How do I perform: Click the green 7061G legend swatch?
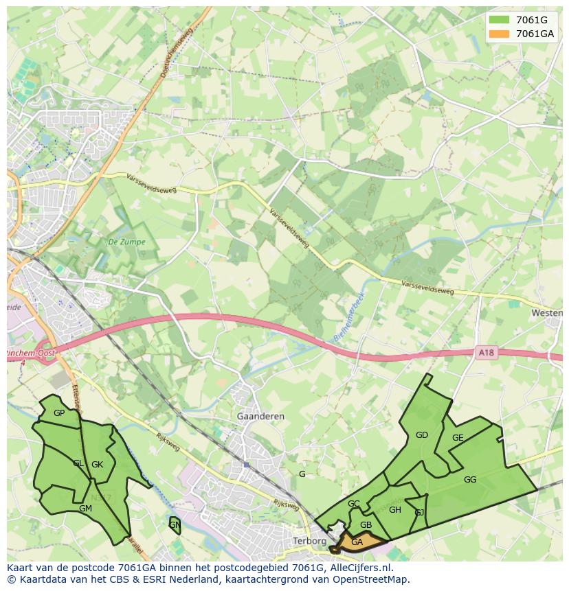500,19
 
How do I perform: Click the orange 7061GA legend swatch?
500,34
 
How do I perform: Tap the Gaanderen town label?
260,416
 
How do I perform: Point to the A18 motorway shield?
486,353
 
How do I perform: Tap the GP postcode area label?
59,413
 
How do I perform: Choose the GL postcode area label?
78,463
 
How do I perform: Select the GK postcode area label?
97,465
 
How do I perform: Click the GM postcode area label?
85,509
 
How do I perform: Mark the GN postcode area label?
175,525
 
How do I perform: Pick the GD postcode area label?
422,434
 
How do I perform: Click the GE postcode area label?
458,438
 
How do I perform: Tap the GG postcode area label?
470,480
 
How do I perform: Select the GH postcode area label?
394,510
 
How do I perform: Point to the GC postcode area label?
353,504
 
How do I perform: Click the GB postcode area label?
366,525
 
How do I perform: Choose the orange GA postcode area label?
357,542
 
